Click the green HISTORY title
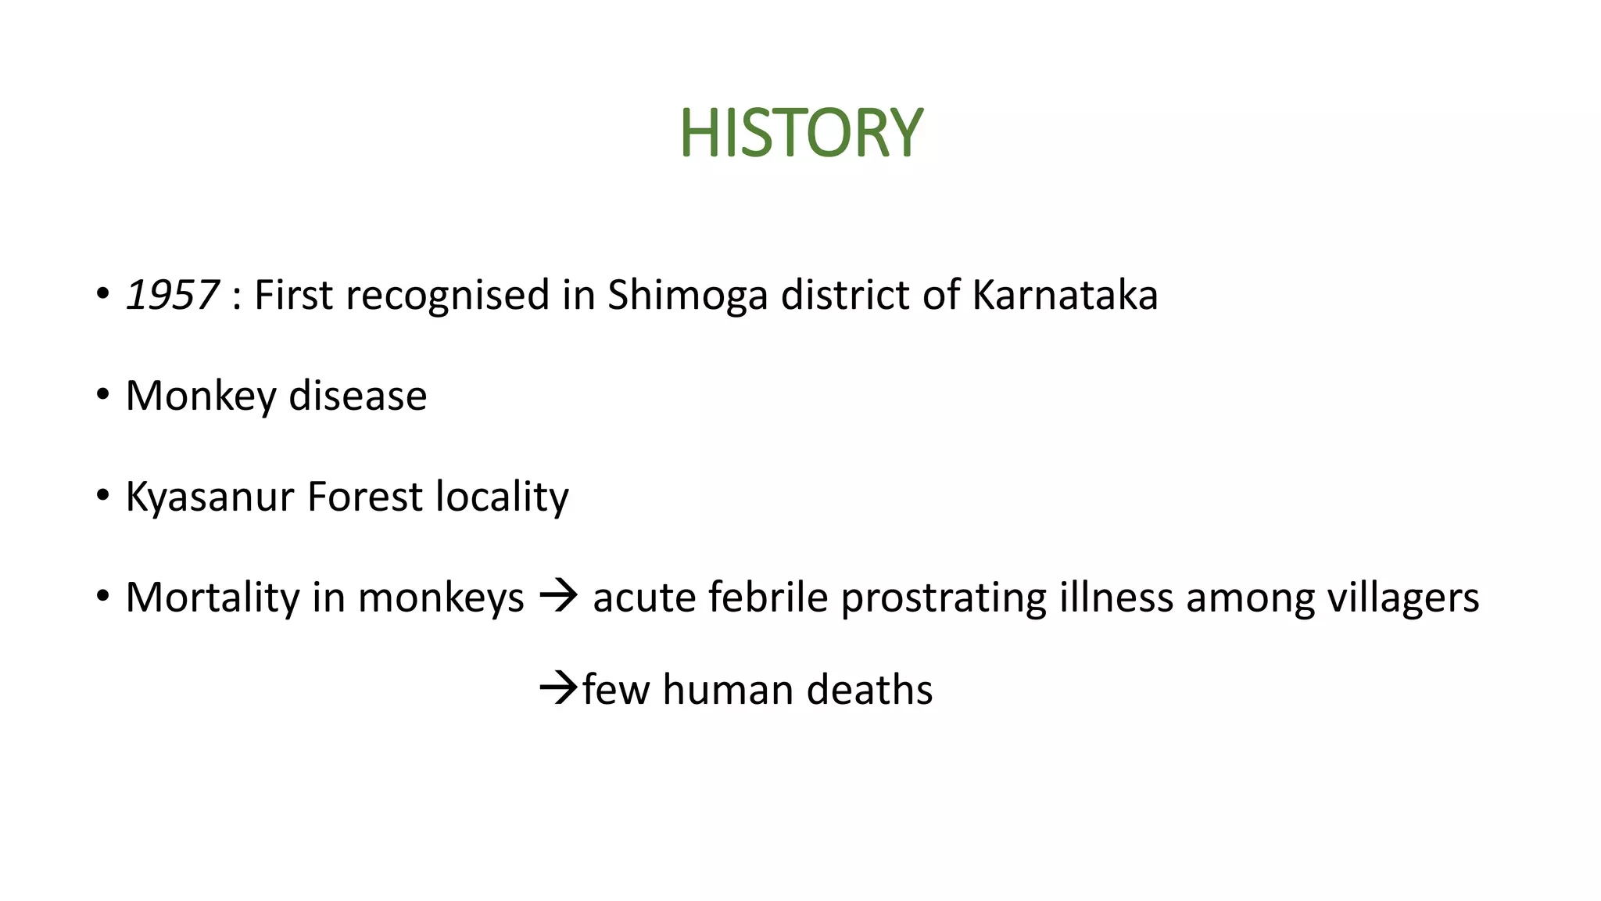click(801, 133)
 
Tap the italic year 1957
click(172, 296)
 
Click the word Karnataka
click(1065, 296)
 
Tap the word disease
click(357, 396)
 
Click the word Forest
click(364, 497)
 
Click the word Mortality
click(212, 598)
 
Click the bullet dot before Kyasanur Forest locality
click(102, 496)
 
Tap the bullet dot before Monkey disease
click(102, 395)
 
